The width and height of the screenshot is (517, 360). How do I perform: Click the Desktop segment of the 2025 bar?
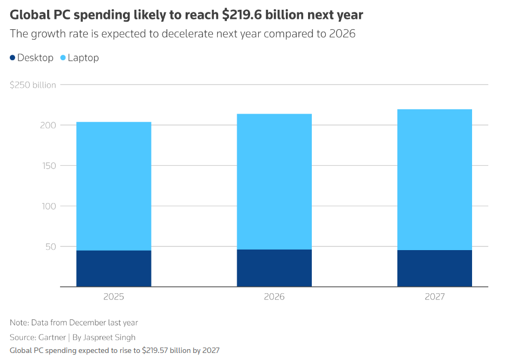[114, 269]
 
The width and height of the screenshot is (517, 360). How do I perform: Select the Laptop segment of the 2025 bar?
[114, 186]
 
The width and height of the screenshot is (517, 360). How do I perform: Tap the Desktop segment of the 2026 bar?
[274, 268]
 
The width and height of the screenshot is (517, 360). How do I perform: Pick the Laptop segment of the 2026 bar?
[274, 181]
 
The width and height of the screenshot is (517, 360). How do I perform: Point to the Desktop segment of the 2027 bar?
[434, 268]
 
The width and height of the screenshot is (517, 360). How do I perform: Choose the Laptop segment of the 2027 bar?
[434, 179]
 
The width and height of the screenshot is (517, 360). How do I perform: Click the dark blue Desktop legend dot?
[12, 58]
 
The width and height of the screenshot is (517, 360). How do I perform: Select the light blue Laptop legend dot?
[63, 58]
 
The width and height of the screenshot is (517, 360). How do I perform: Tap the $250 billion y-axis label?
[33, 85]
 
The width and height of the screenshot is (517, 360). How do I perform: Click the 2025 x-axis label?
[114, 297]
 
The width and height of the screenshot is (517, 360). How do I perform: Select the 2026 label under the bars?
[274, 297]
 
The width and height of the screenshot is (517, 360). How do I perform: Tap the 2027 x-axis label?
[434, 297]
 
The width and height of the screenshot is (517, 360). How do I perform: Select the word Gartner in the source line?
[53, 337]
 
